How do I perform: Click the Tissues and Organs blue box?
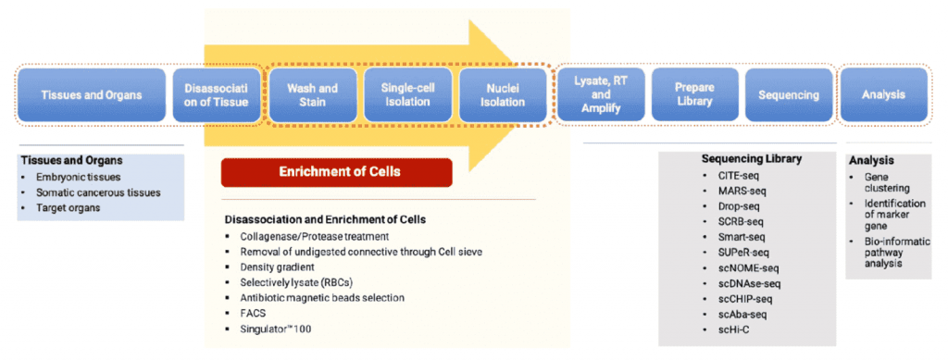click(x=92, y=94)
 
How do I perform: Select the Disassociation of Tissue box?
click(x=216, y=94)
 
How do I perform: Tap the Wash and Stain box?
click(x=313, y=94)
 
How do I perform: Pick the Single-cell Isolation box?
click(x=407, y=94)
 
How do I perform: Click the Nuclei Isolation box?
click(x=503, y=94)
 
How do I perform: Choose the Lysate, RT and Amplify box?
click(x=600, y=94)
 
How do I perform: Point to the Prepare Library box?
click(x=694, y=94)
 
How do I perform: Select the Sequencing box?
click(x=789, y=94)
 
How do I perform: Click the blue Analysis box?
click(x=884, y=94)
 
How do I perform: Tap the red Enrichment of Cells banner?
click(x=337, y=172)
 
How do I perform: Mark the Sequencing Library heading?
click(x=752, y=159)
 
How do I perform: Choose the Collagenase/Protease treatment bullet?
click(x=306, y=236)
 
